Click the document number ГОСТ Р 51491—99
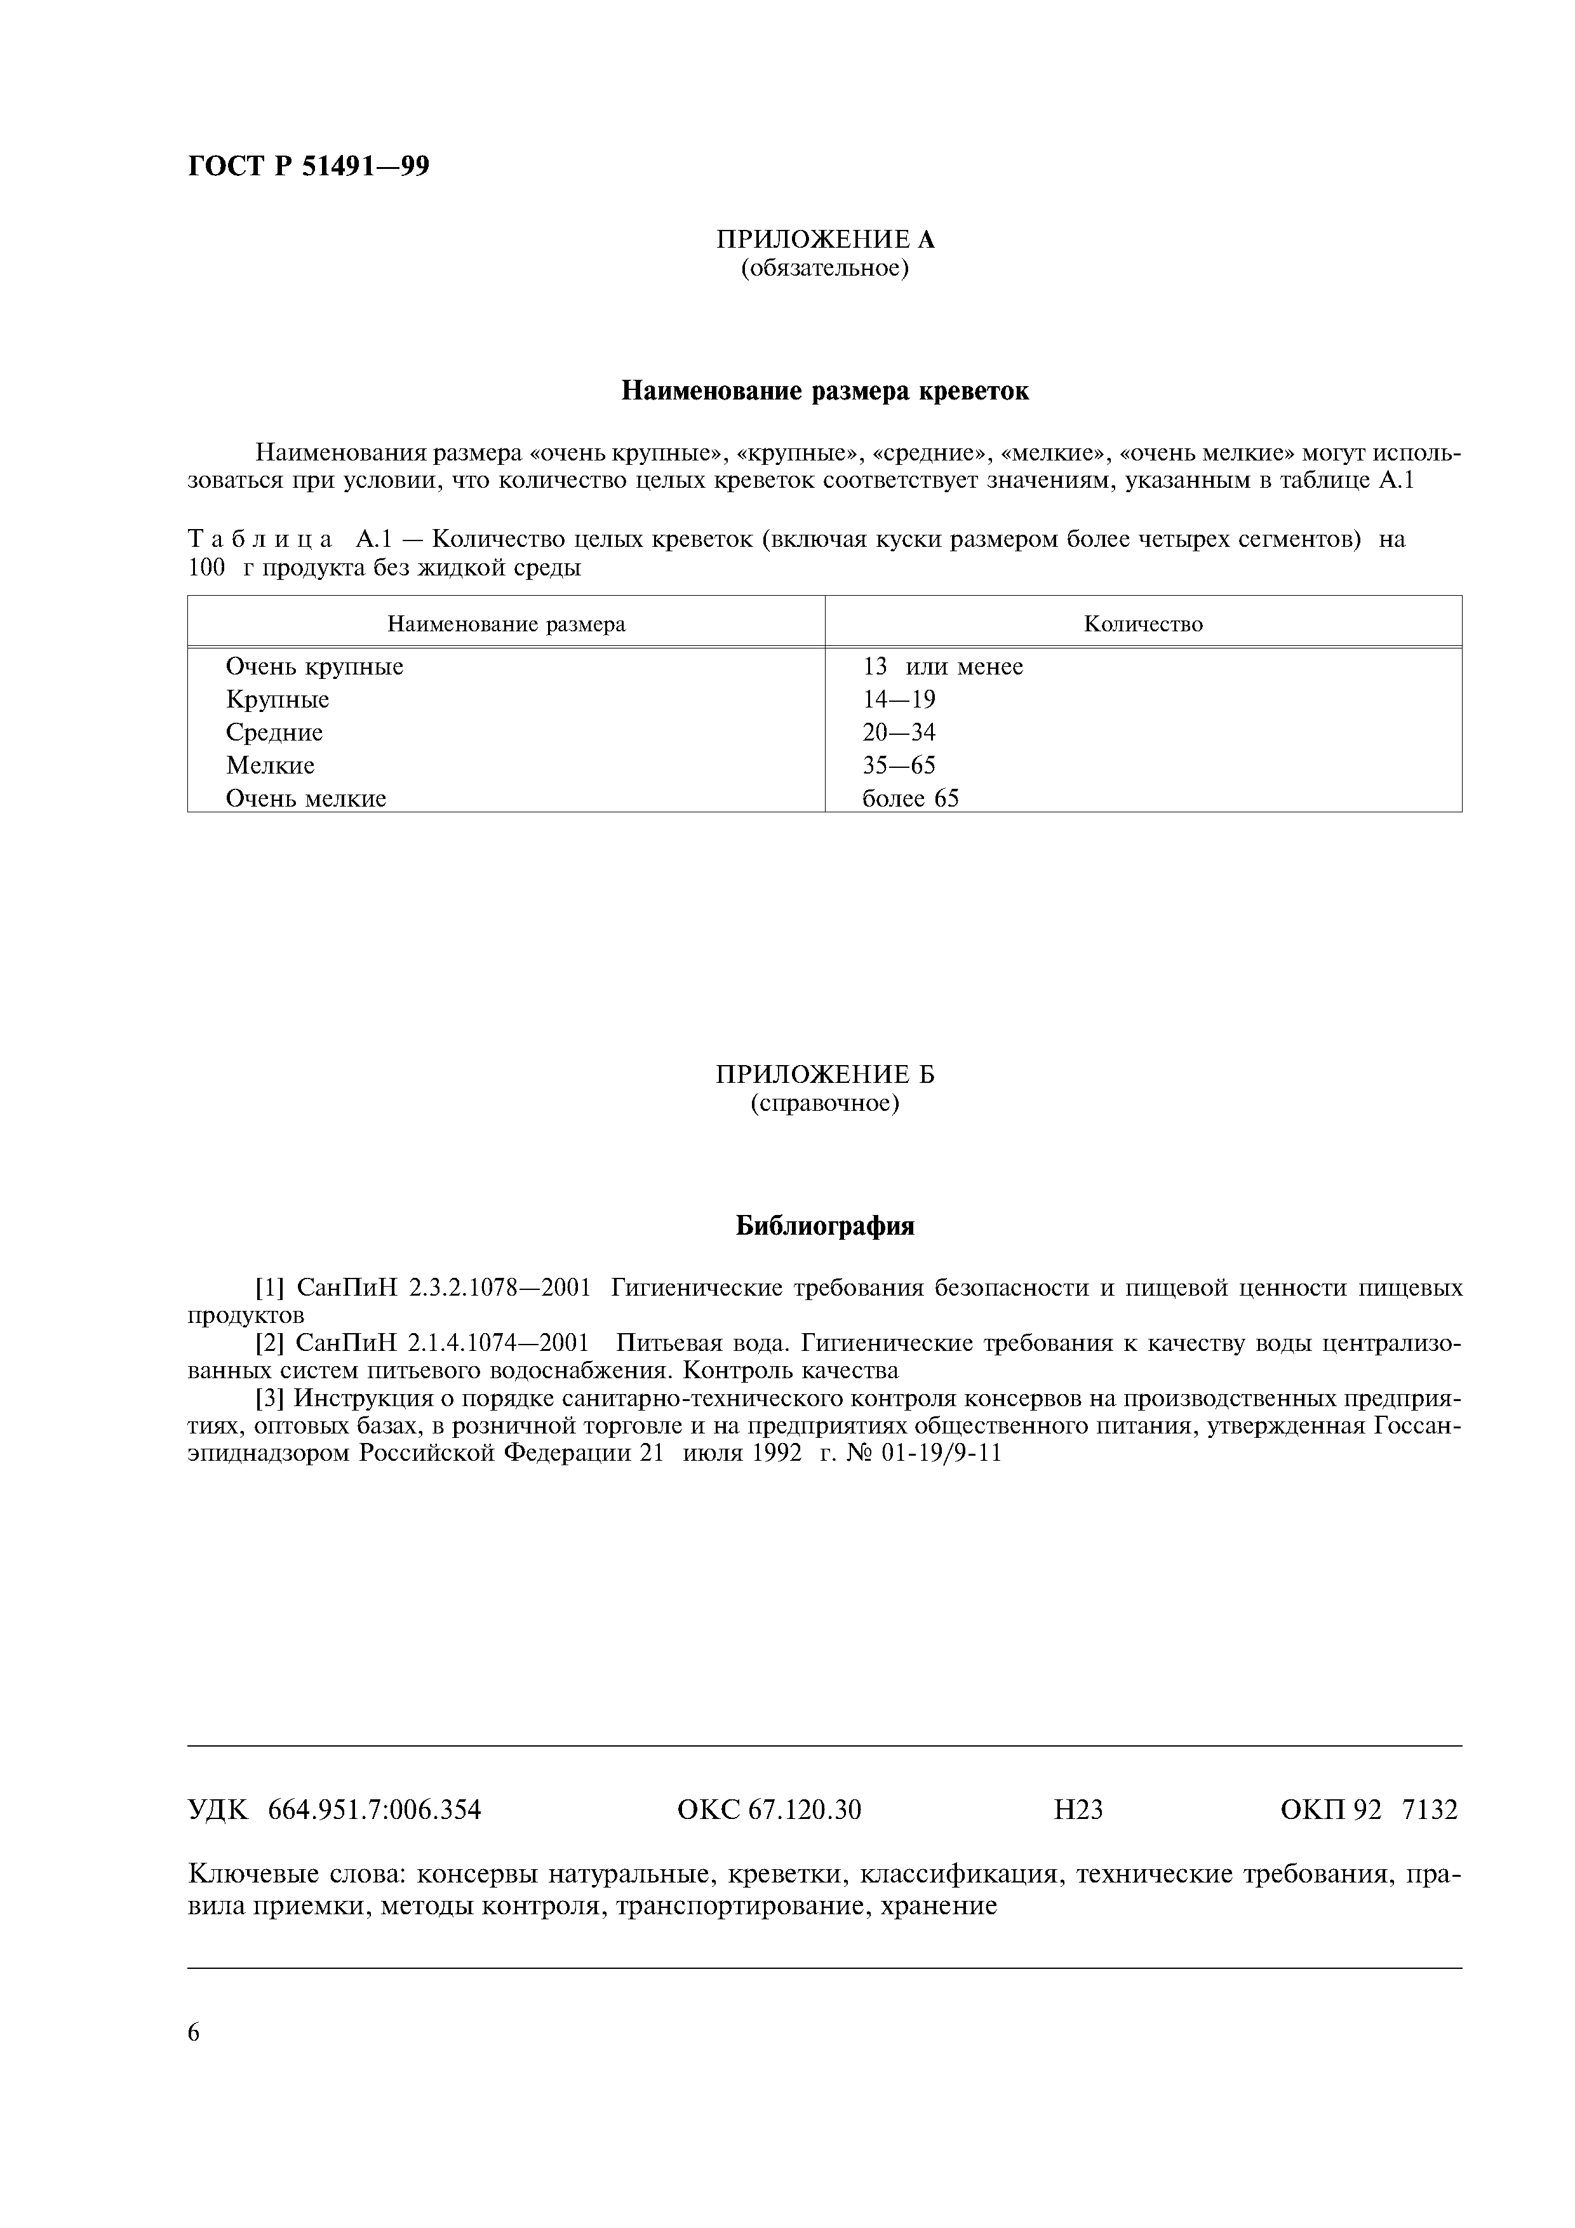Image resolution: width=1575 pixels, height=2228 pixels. coord(307,167)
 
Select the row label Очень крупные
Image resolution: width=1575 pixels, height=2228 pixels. coord(314,667)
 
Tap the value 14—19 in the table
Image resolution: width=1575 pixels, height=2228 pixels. coord(899,700)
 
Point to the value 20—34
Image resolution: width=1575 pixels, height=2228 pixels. coord(899,733)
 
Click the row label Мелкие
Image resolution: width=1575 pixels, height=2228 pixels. coord(270,765)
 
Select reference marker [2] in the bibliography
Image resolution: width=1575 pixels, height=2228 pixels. coord(269,1343)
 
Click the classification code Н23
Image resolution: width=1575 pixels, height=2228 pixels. coord(1078,1809)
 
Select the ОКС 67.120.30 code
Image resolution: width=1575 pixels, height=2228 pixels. coord(768,1809)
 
